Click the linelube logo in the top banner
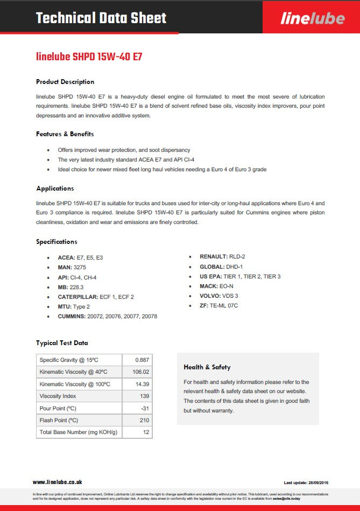click(312, 19)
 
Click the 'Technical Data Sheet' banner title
click(101, 18)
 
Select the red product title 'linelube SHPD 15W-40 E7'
click(89, 57)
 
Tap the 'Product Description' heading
click(65, 82)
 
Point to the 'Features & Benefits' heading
click(65, 134)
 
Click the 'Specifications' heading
click(57, 241)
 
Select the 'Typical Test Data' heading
click(62, 342)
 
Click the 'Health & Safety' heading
click(207, 367)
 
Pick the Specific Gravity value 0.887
click(142, 360)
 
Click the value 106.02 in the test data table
click(140, 372)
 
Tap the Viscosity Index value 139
click(144, 396)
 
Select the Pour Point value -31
click(144, 408)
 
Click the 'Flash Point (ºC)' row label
click(59, 420)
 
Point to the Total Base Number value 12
click(146, 432)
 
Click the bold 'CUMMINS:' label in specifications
click(72, 317)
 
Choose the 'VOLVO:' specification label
click(209, 296)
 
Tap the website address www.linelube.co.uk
click(58, 482)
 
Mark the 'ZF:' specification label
click(204, 306)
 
